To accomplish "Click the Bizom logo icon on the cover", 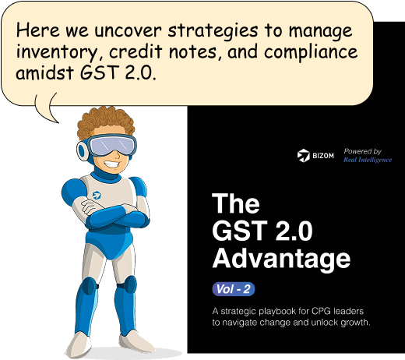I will coord(304,155).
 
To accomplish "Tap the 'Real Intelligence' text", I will coord(368,160).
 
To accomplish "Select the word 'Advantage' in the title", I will coord(281,258).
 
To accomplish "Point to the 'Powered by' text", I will coord(363,151).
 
